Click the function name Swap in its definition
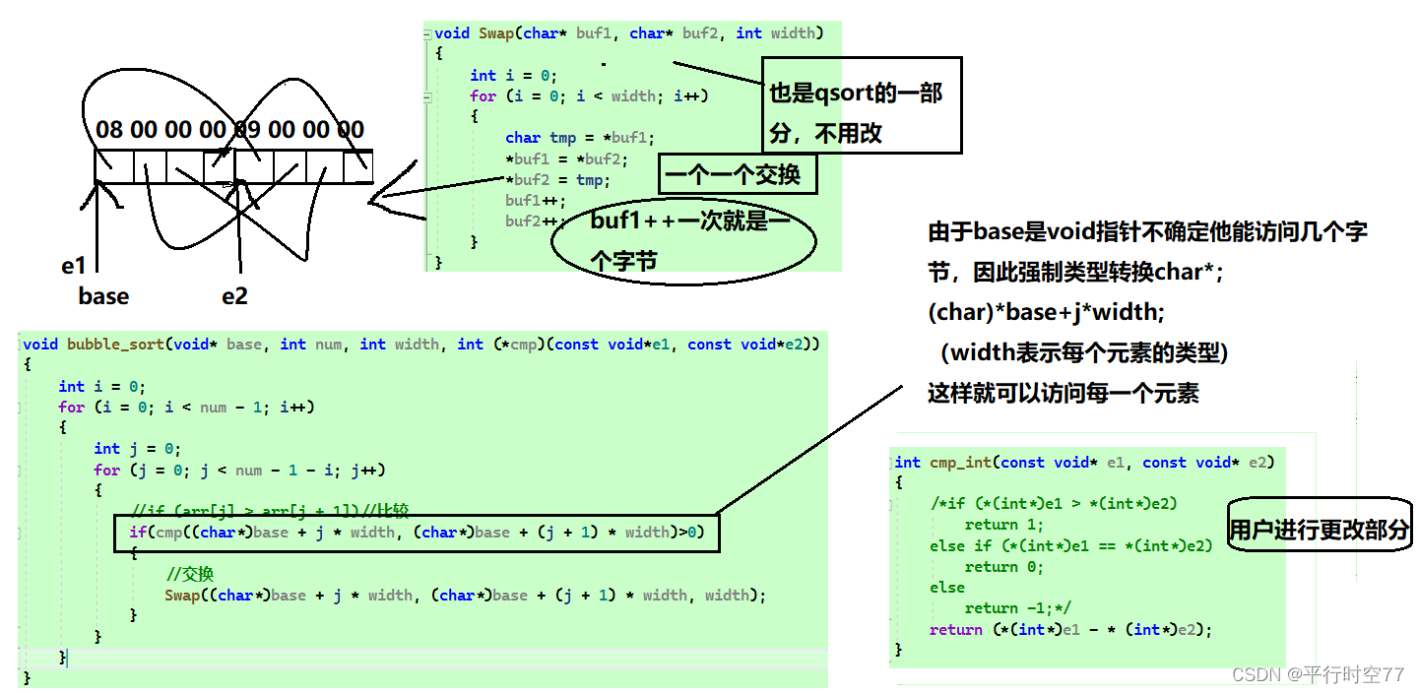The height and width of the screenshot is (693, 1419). (496, 33)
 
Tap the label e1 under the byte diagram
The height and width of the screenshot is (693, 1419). (74, 266)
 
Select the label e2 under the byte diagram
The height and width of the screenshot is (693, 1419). (234, 296)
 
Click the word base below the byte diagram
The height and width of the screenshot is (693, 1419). (103, 296)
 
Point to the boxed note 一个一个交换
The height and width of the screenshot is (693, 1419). (737, 175)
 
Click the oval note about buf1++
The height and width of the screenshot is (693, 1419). (685, 239)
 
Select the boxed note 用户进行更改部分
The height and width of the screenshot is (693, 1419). (1320, 530)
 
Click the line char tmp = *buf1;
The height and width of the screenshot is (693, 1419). (579, 138)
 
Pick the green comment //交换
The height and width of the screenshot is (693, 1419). (190, 574)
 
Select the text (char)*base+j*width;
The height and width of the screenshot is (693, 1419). (1046, 312)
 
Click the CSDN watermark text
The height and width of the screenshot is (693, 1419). (1318, 674)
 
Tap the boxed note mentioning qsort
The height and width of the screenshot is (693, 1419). (862, 105)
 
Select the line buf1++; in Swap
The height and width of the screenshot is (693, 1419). (530, 201)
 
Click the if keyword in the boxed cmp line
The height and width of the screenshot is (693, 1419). (137, 533)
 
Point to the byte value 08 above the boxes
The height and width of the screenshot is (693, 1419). (109, 130)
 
